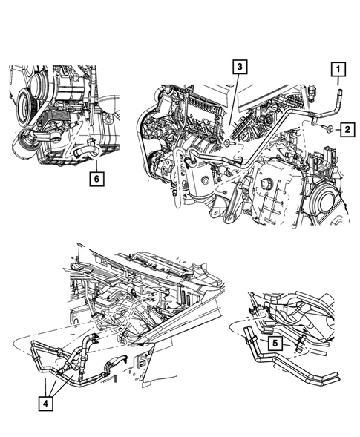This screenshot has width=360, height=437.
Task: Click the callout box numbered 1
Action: click(x=337, y=71)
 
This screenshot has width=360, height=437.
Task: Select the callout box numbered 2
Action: click(x=347, y=131)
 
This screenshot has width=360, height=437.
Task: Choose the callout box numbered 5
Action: click(x=275, y=344)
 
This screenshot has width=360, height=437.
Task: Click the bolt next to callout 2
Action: click(x=327, y=131)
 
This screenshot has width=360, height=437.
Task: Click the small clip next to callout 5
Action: click(x=299, y=342)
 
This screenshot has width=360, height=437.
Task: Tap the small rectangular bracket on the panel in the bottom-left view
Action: click(x=138, y=363)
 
